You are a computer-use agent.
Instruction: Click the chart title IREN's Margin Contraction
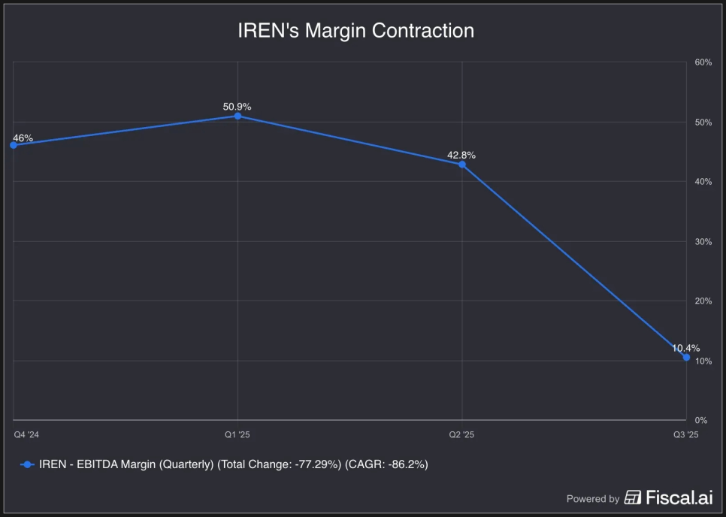pos(355,31)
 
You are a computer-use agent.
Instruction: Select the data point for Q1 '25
pos(237,116)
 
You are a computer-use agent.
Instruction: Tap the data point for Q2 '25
pos(462,164)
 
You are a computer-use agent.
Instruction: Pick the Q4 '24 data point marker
pos(14,145)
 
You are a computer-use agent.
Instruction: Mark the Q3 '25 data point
pos(686,357)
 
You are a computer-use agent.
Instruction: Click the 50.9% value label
pos(237,107)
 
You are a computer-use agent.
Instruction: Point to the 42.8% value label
pos(461,155)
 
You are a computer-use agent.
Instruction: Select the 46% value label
pos(23,138)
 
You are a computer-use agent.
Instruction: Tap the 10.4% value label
pos(685,348)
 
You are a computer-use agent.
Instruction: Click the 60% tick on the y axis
pos(703,62)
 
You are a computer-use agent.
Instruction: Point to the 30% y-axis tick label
pos(703,241)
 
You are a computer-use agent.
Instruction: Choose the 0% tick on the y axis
pos(700,420)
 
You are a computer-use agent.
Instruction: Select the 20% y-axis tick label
pos(703,301)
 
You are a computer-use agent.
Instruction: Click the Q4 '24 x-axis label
pos(26,435)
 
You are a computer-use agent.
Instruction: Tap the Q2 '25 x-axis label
pos(462,435)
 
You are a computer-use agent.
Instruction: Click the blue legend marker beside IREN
pos(27,464)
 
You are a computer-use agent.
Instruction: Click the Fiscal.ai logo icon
pos(633,497)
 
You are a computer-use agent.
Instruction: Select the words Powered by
pos(593,498)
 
